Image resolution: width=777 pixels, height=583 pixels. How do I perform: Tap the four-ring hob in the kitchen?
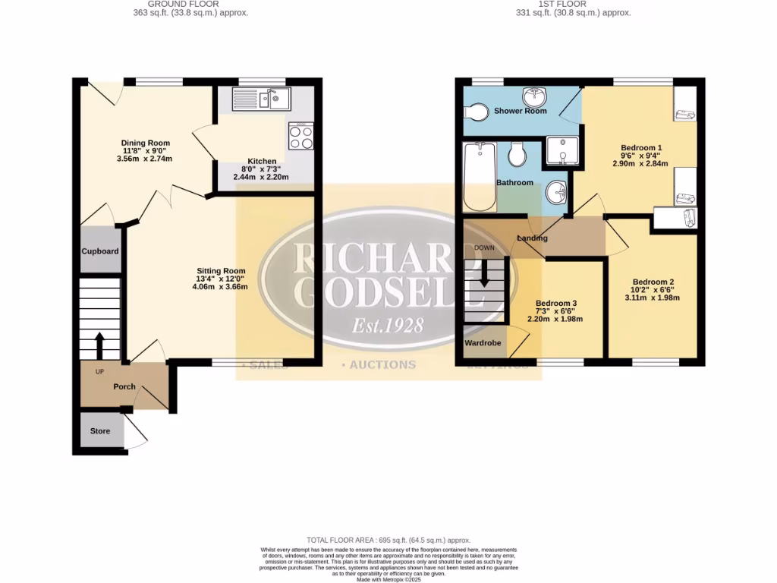(300, 136)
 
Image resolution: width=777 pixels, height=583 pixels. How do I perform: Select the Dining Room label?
(146, 143)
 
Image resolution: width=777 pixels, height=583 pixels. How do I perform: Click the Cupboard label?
(101, 251)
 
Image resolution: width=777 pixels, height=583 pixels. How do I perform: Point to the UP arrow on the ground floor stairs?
(99, 345)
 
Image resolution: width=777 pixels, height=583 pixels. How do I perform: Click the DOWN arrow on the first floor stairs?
(484, 273)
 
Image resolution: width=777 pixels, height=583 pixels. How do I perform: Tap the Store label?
(100, 431)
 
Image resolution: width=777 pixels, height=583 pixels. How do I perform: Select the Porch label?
(124, 386)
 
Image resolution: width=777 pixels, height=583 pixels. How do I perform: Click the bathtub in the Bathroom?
(479, 176)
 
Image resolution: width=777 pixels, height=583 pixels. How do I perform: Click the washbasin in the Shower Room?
(536, 97)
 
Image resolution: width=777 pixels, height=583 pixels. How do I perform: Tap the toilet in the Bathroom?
(518, 155)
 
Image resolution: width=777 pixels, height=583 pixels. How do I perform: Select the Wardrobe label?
(483, 343)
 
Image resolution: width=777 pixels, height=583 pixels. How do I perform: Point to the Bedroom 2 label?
(653, 282)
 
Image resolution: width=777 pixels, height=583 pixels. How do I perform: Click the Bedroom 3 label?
(556, 302)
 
